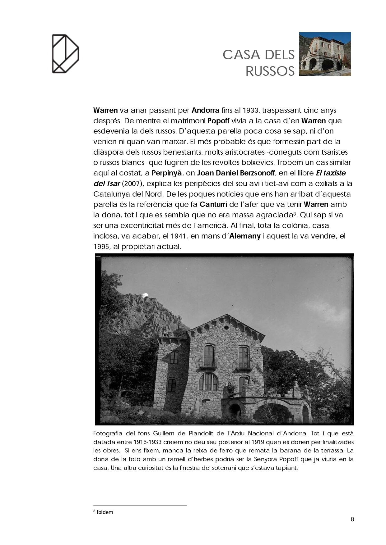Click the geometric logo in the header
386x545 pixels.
pyautogui.click(x=65, y=54)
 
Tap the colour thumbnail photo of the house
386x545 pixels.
pyautogui.click(x=325, y=54)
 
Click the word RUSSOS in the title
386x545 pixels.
pyautogui.click(x=270, y=71)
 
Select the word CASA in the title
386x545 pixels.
pyautogui.click(x=241, y=55)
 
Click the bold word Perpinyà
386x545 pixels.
pyautogui.click(x=167, y=173)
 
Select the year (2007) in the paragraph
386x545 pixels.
pyautogui.click(x=132, y=184)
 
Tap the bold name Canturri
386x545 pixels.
pyautogui.click(x=213, y=204)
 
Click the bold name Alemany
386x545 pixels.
pyautogui.click(x=245, y=236)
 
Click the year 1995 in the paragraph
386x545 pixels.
pyautogui.click(x=101, y=247)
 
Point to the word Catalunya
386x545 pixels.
pyautogui.click(x=110, y=194)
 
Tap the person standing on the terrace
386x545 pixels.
pyautogui.click(x=230, y=388)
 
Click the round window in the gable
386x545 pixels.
pyautogui.click(x=226, y=327)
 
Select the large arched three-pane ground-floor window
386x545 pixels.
pyautogui.click(x=208, y=382)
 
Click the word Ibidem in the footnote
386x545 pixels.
pyautogui.click(x=105, y=512)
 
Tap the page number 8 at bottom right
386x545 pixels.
pyautogui.click(x=352, y=519)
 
